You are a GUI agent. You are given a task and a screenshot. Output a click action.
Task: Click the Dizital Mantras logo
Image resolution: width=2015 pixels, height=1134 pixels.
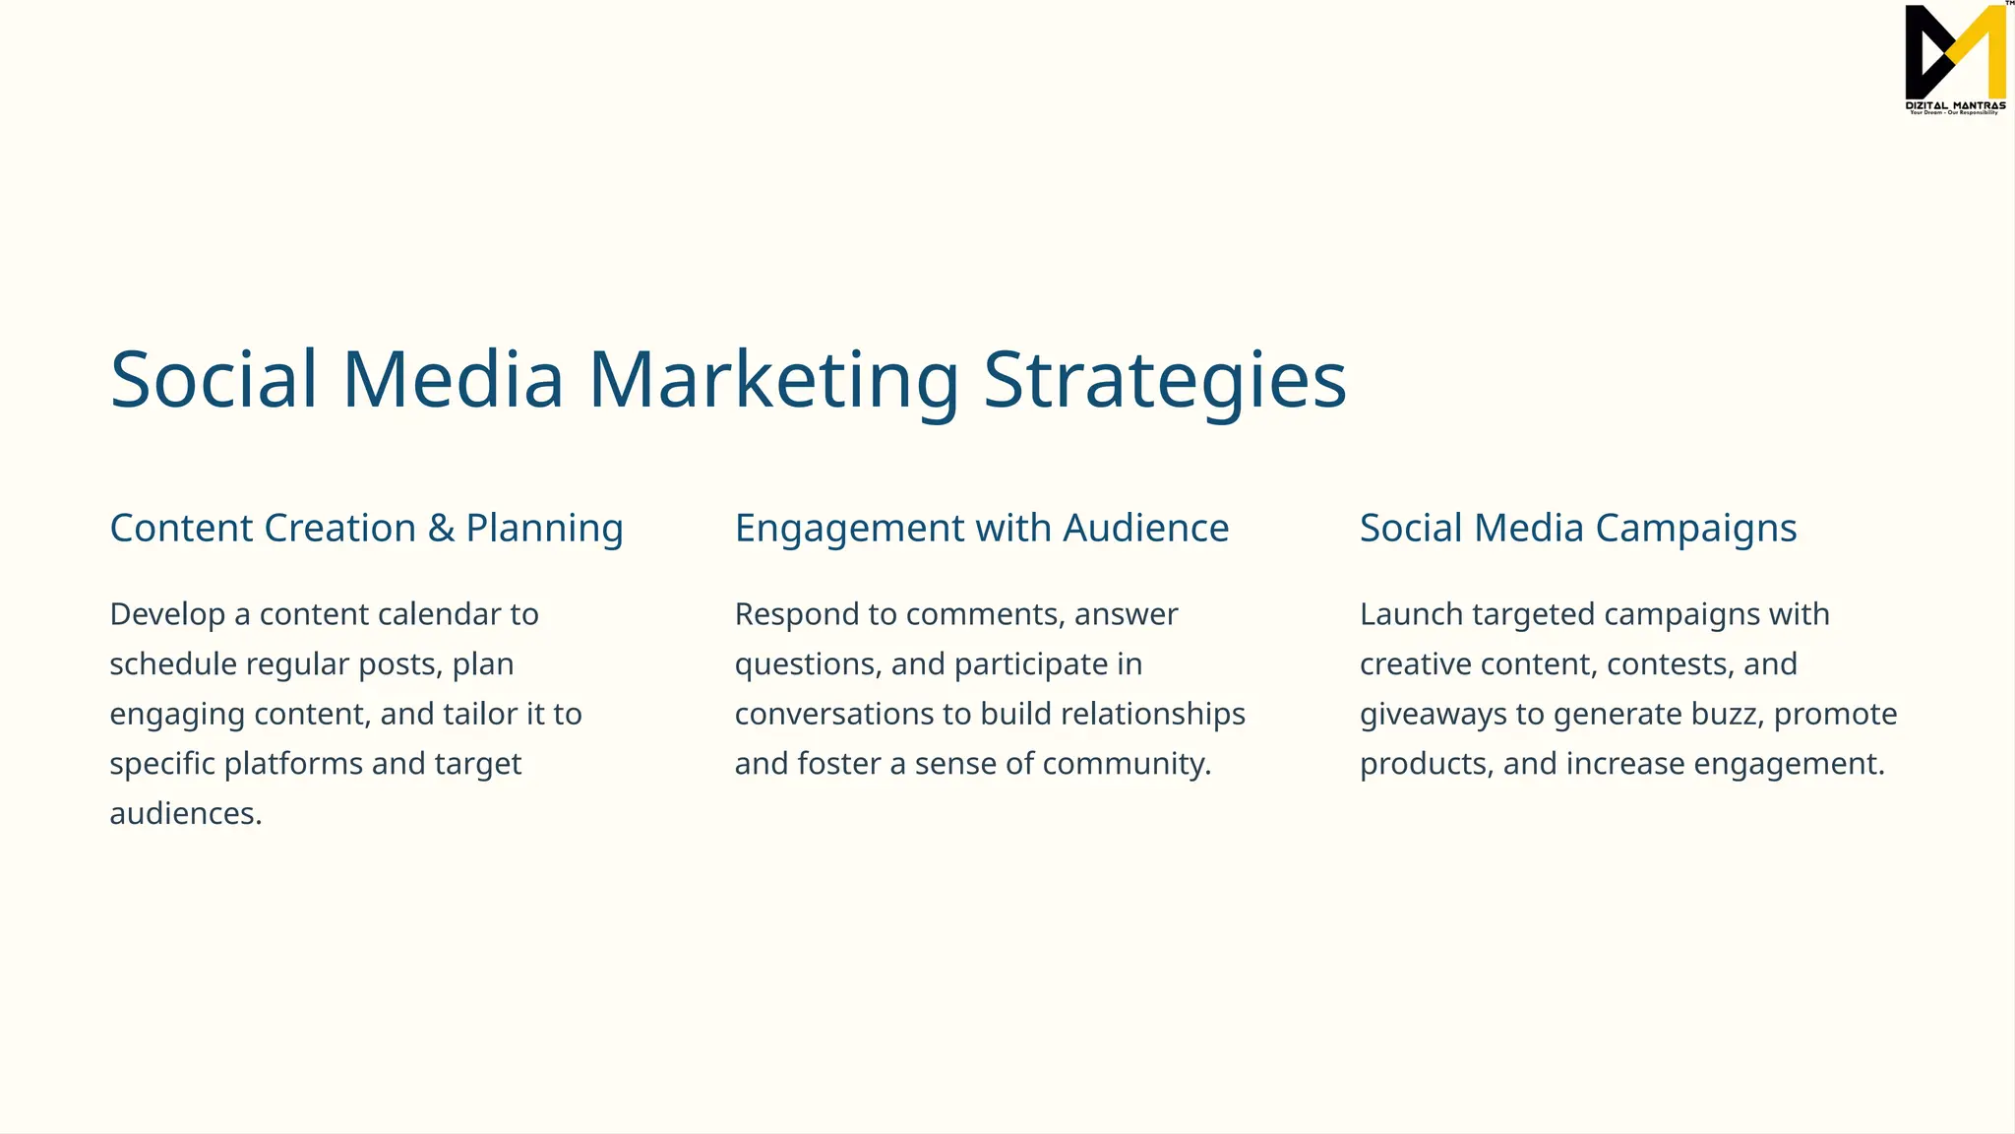[1955, 59]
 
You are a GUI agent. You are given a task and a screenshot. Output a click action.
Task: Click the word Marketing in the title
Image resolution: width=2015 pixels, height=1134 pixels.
[773, 380]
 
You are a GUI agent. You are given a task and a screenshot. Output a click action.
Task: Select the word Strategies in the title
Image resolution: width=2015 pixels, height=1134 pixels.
[1165, 380]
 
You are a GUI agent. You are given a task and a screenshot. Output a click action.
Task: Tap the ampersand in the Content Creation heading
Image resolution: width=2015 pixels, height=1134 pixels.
[441, 529]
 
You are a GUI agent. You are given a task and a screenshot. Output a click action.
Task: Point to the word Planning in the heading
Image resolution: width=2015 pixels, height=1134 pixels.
[544, 529]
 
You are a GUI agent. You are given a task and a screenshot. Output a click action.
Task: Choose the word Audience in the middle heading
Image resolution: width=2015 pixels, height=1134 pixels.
[1145, 529]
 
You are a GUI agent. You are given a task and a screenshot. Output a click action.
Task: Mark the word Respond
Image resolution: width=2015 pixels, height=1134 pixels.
[796, 614]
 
